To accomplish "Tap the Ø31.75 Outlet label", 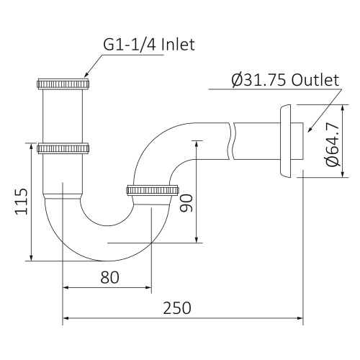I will [284, 80].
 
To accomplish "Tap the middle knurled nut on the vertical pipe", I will [63, 148].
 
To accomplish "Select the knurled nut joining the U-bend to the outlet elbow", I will [152, 190].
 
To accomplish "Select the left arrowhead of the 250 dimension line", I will [67, 318].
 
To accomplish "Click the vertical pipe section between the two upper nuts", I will [63, 115].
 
